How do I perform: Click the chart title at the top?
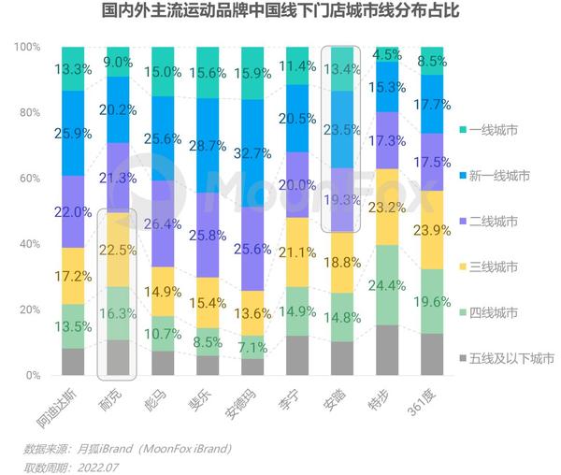(x=280, y=14)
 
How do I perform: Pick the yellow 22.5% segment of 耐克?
(x=118, y=249)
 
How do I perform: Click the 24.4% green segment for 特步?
(x=386, y=285)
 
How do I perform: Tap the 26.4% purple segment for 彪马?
(x=163, y=223)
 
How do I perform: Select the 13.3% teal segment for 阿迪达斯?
(x=73, y=68)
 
